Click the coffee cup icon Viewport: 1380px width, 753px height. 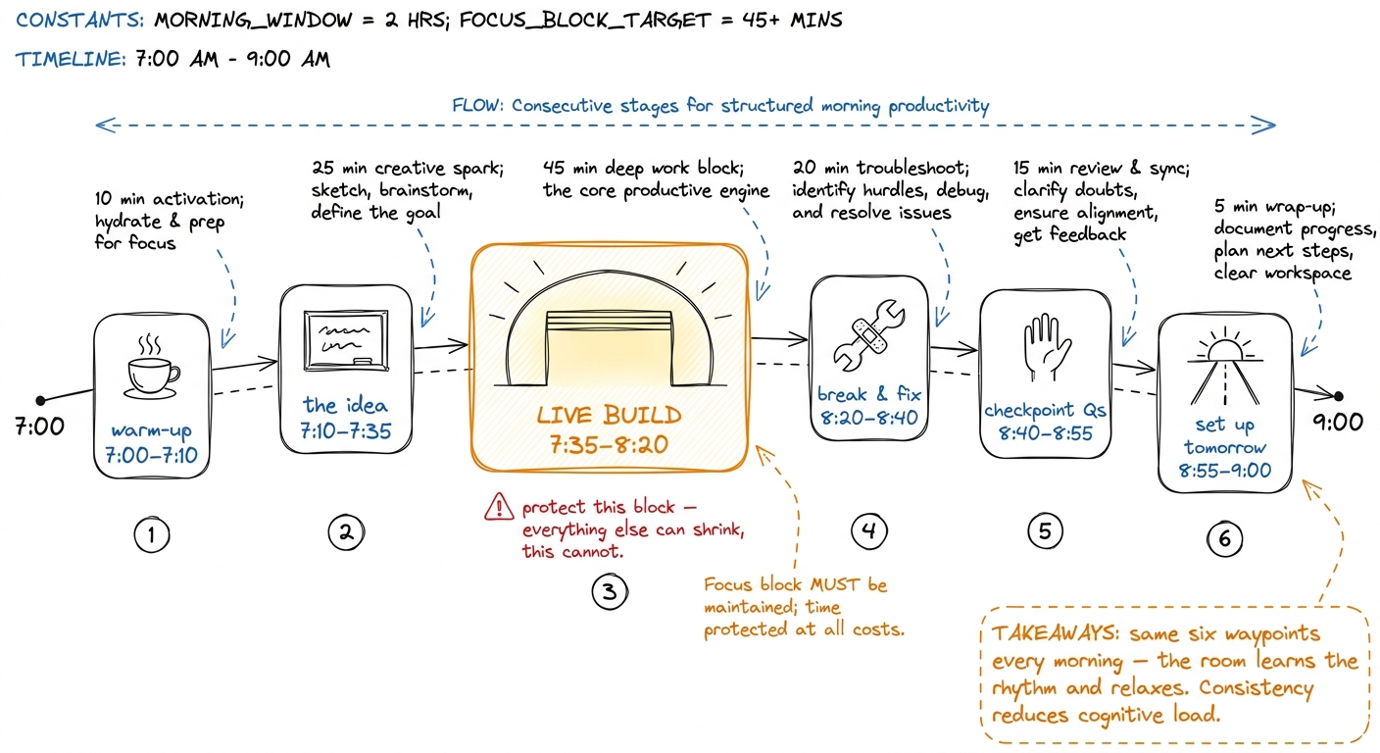pos(152,368)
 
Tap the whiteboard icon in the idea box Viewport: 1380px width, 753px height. pos(346,341)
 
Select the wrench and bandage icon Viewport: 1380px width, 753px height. pos(869,335)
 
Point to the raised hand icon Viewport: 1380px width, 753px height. pos(1046,347)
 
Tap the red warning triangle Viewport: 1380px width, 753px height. pos(499,507)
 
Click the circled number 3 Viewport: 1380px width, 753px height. pos(610,591)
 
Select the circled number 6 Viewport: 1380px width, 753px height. pos(1225,538)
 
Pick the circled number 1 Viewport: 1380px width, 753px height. pos(152,534)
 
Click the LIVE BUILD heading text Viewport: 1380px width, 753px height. pos(609,416)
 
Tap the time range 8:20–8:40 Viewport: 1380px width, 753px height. pos(869,418)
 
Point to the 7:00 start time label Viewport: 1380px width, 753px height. pos(39,427)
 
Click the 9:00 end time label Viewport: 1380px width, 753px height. pos(1338,423)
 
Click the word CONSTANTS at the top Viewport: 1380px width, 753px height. pos(79,21)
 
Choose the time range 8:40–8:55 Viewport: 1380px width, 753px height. pos(1046,433)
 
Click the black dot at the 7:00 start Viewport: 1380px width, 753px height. pos(40,401)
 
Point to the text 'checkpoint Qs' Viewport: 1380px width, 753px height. pos(1045,411)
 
